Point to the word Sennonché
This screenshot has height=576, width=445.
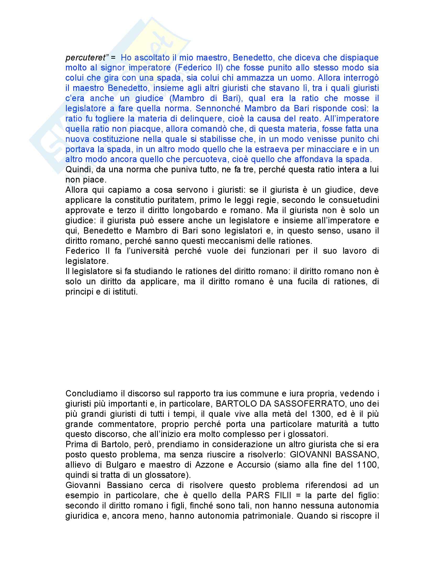[x=218, y=108]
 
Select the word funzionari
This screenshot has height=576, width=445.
[x=270, y=251]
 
